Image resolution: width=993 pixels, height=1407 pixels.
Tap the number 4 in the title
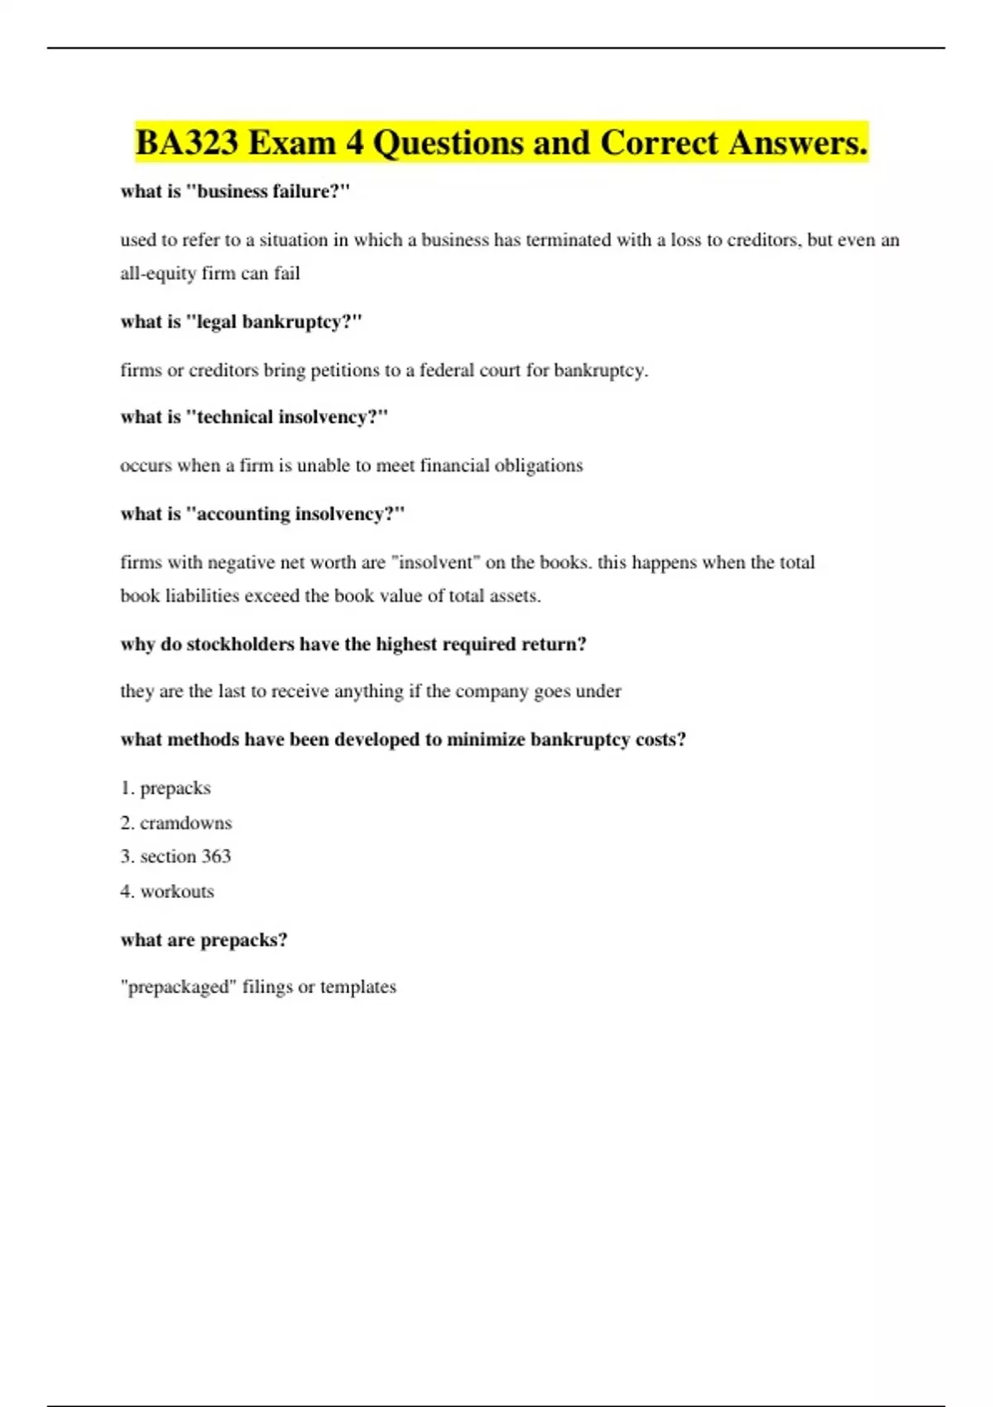pyautogui.click(x=354, y=142)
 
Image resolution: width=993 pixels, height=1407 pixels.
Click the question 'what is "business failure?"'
pyautogui.click(x=235, y=191)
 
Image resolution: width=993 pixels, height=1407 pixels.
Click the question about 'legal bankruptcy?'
pyautogui.click(x=241, y=322)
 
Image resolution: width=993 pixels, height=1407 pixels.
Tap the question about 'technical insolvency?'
pyautogui.click(x=254, y=417)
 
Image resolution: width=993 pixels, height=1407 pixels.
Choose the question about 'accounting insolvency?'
pyautogui.click(x=262, y=514)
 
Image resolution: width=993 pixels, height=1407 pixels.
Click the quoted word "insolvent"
pyautogui.click(x=435, y=563)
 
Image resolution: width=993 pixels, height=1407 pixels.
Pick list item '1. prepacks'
pyautogui.click(x=165, y=788)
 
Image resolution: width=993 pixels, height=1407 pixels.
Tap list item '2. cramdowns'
pyautogui.click(x=175, y=823)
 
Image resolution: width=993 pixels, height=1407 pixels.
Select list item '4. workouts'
pyautogui.click(x=167, y=891)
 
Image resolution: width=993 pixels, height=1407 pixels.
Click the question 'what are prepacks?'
pyautogui.click(x=204, y=940)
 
